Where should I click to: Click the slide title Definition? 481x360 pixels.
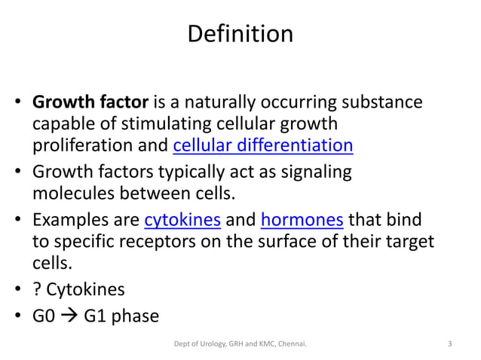pos(240,35)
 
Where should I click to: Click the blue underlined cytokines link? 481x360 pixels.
pos(182,220)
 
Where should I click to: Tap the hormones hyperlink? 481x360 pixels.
pos(302,220)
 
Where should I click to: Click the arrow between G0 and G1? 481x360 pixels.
pos(69,315)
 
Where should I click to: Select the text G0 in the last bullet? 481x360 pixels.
pos(43,315)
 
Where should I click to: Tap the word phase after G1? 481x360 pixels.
pos(135,315)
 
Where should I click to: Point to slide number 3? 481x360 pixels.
pos(450,345)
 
